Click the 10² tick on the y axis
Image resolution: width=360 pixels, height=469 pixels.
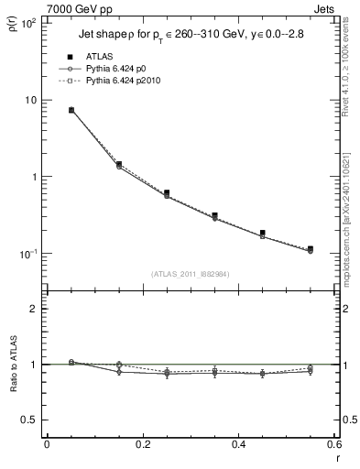coord(27,22)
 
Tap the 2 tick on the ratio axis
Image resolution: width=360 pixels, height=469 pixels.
coord(33,309)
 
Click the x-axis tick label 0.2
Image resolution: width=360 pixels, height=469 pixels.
coord(142,445)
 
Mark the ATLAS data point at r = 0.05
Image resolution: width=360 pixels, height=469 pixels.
coord(71,110)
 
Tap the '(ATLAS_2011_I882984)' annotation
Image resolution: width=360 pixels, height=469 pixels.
coord(189,273)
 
